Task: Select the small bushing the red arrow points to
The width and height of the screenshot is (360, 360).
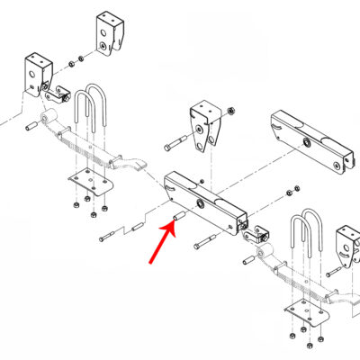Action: click(179, 217)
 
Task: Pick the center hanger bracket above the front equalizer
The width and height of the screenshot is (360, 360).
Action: click(206, 125)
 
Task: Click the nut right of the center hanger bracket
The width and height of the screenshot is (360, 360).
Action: click(230, 112)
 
